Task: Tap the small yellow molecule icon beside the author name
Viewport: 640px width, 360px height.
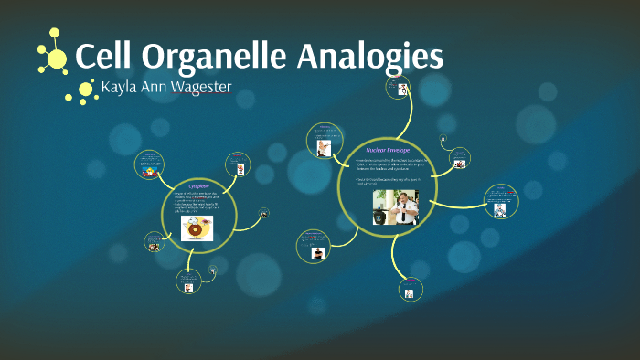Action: pos(84,90)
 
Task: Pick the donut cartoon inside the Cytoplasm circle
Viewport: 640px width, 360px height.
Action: pos(196,228)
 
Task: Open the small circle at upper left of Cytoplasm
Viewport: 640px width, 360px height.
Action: pos(148,165)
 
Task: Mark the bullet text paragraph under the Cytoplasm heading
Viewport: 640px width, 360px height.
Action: pos(198,202)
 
